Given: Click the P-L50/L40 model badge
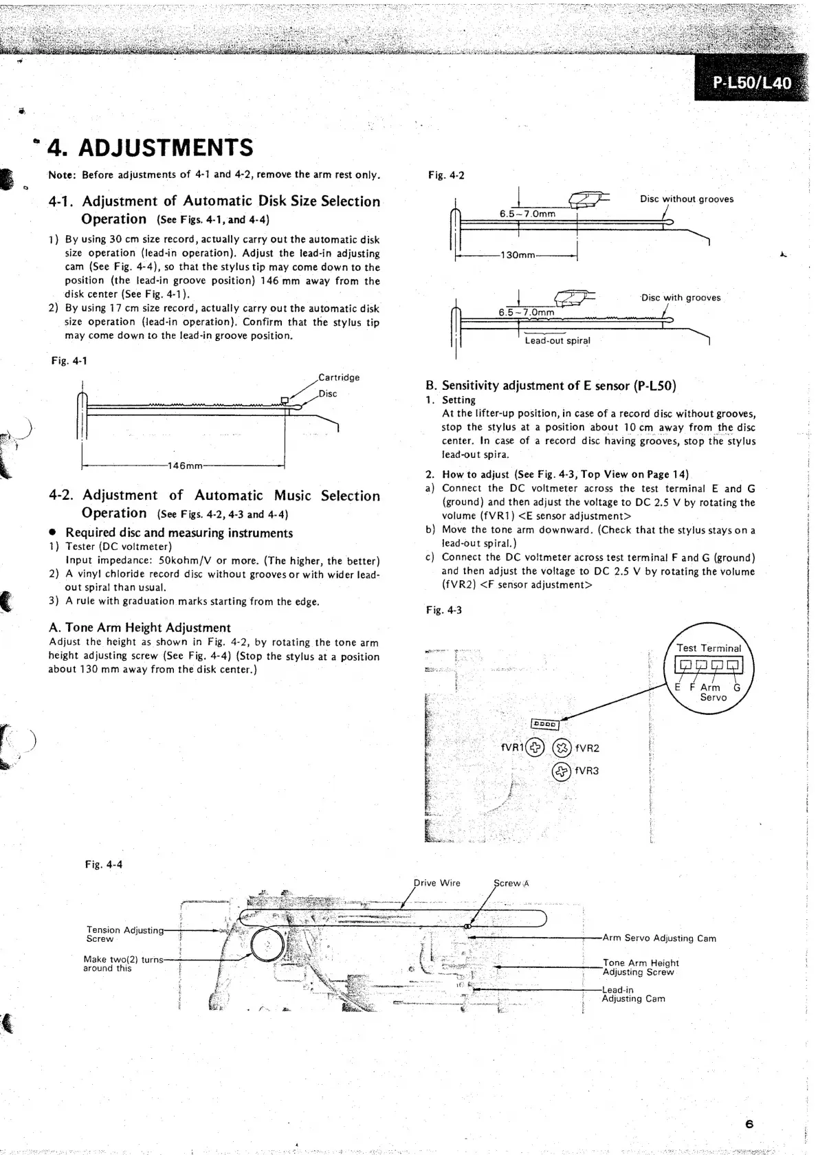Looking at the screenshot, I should [x=752, y=83].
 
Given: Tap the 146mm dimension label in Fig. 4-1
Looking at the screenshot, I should [x=185, y=465].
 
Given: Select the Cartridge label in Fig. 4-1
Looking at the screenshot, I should [x=339, y=377].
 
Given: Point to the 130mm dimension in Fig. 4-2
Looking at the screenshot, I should [x=518, y=255].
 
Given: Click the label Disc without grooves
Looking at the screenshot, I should [x=686, y=199].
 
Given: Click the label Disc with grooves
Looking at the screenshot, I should [x=681, y=298].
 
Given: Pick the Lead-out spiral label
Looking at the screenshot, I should [x=557, y=340].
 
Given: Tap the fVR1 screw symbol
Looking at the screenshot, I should [x=535, y=747].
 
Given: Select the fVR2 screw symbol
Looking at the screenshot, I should [x=562, y=747].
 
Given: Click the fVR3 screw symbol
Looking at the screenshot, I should [x=562, y=771].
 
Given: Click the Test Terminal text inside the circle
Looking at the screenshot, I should [x=709, y=648].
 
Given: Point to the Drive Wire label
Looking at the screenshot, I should [x=437, y=883].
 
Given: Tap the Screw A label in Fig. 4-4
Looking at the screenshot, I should [x=511, y=883].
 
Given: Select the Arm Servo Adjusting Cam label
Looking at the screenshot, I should [x=659, y=938].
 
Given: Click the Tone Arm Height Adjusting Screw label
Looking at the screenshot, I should [x=640, y=967].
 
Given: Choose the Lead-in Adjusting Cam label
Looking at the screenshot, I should [x=633, y=994].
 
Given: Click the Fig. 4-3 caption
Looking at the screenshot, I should [x=443, y=610].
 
